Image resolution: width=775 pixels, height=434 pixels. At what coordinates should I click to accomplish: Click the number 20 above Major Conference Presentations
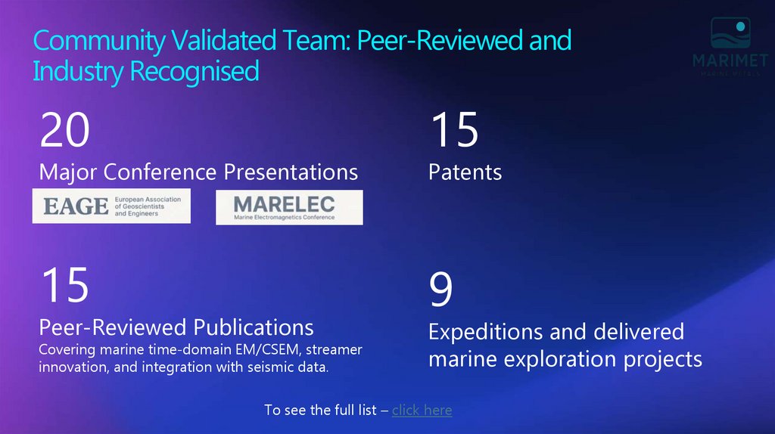coord(65,130)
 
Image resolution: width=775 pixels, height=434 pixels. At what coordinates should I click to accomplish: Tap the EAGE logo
coord(111,206)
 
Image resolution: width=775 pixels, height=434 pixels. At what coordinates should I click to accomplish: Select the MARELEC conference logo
coord(288,206)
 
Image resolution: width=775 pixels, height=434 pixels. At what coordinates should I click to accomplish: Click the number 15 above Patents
coord(454,130)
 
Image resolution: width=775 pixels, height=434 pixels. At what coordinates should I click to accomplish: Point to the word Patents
coord(465,172)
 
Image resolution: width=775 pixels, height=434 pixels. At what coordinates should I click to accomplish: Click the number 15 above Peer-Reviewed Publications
coord(65,285)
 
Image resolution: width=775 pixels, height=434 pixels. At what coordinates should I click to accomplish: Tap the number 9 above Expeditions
coord(441,290)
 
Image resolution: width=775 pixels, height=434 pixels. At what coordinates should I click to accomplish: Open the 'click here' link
coord(422,410)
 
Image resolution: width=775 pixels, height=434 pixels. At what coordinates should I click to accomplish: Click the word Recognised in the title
coord(194,71)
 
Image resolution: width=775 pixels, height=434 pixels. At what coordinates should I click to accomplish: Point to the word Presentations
coord(291,172)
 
